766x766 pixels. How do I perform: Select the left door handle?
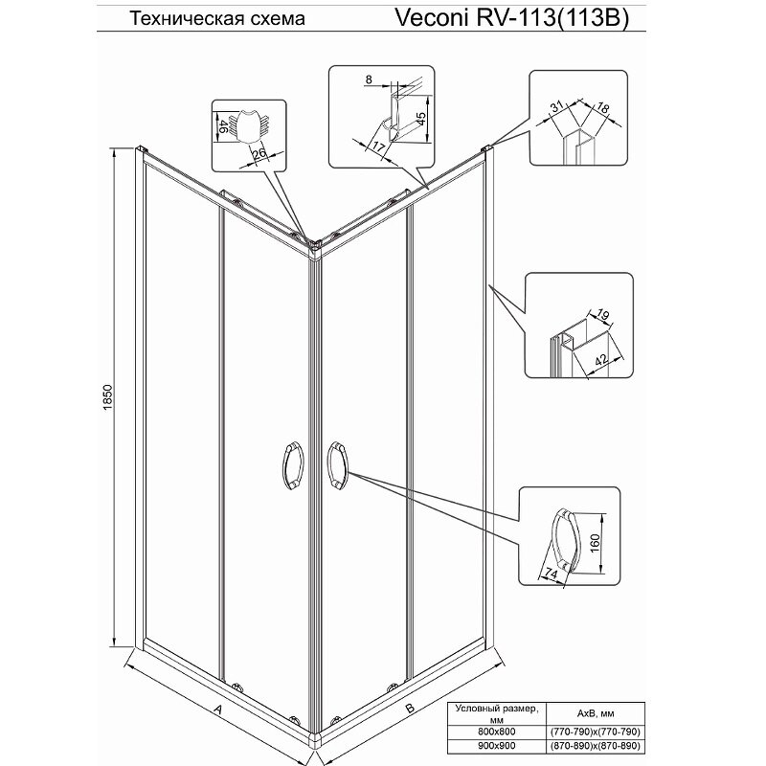pyautogui.click(x=292, y=469)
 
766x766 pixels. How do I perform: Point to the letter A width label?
pyautogui.click(x=218, y=710)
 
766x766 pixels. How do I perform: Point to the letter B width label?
pyautogui.click(x=409, y=710)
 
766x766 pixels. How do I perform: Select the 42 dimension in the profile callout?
pyautogui.click(x=600, y=360)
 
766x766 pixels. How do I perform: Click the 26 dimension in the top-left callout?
pyautogui.click(x=258, y=152)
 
